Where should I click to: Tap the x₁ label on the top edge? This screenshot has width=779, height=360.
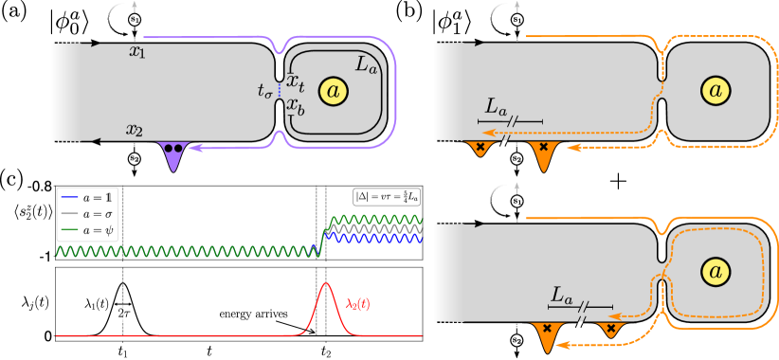[x=138, y=51]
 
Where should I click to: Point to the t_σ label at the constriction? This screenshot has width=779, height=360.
[x=264, y=91]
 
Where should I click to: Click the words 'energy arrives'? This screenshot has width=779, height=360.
[x=252, y=313]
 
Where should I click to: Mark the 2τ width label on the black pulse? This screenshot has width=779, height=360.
[x=122, y=311]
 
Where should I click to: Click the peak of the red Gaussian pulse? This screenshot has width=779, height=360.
[x=325, y=283]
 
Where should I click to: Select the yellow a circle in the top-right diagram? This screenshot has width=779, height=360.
[x=716, y=90]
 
